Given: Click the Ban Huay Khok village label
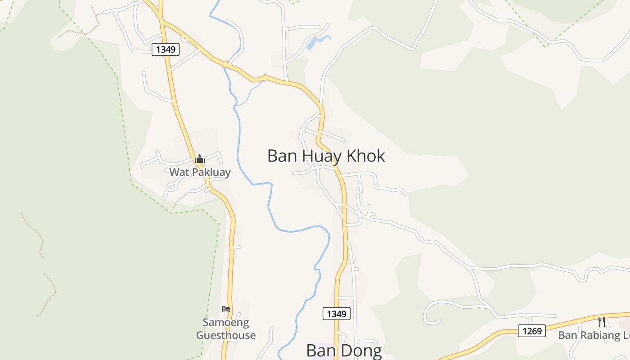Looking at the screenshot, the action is click(x=326, y=156).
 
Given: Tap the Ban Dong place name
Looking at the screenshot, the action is click(x=344, y=351).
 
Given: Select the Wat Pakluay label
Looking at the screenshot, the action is click(x=200, y=172).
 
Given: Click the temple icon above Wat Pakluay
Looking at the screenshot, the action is click(x=200, y=159).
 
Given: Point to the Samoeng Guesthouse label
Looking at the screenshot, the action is click(x=226, y=328).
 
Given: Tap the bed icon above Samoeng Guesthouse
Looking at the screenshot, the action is click(x=226, y=309).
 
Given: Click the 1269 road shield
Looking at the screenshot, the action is click(x=531, y=331).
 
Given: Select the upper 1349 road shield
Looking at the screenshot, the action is click(x=166, y=49).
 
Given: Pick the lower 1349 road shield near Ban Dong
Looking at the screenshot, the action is click(x=336, y=314).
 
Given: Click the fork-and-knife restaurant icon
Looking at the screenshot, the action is click(x=602, y=321).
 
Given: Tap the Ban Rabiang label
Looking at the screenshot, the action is click(x=594, y=335).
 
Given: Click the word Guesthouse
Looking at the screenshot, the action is click(x=226, y=335).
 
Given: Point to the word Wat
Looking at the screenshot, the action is click(x=179, y=172).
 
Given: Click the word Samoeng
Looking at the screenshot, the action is click(x=226, y=322).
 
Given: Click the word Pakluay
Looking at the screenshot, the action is click(x=210, y=172).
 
